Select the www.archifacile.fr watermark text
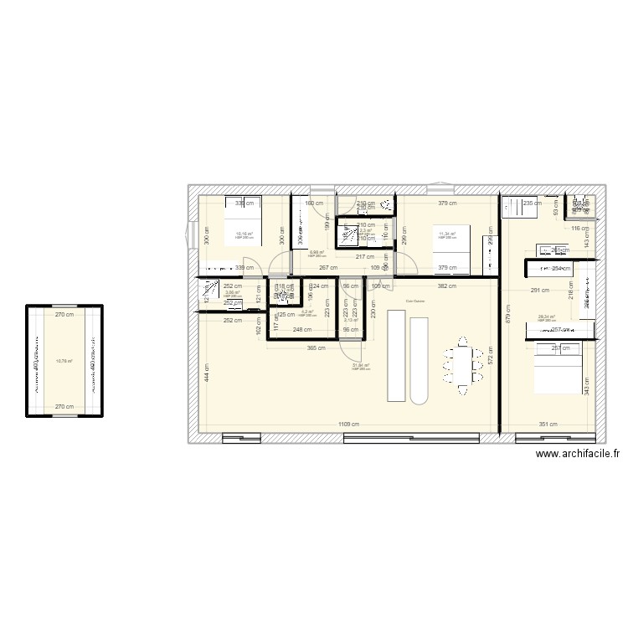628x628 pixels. pyautogui.click(x=579, y=454)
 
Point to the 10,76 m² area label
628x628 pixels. pyautogui.click(x=64, y=362)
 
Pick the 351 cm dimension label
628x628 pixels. pyautogui.click(x=548, y=424)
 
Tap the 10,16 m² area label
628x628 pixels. pyautogui.click(x=244, y=234)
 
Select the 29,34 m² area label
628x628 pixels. pyautogui.click(x=547, y=317)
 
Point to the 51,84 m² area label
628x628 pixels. pyautogui.click(x=361, y=365)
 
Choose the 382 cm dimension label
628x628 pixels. pyautogui.click(x=447, y=286)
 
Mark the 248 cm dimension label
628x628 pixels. pyautogui.click(x=302, y=330)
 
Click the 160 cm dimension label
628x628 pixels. pyautogui.click(x=313, y=203)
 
